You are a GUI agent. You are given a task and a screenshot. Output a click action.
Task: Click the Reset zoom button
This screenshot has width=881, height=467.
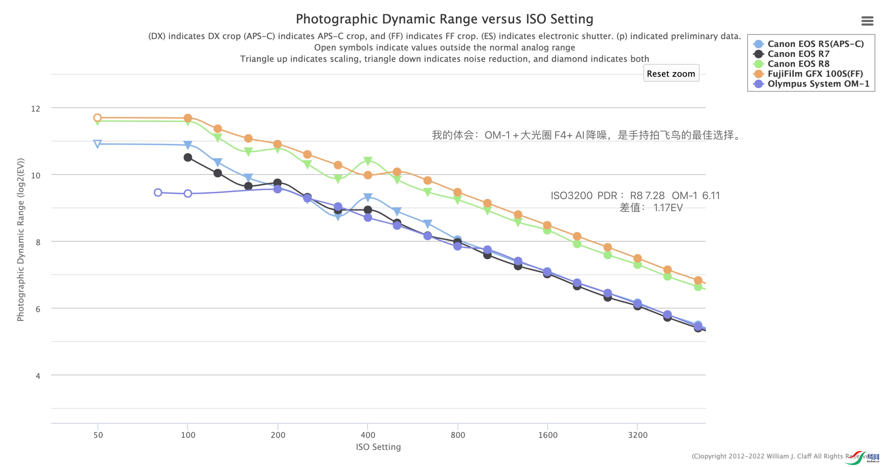click(671, 73)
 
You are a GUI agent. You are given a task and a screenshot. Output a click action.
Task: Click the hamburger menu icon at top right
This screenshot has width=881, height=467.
click(867, 21)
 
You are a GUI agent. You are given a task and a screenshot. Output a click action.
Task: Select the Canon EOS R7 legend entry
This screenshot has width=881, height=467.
click(798, 54)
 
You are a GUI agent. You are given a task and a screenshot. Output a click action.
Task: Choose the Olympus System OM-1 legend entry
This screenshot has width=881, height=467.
click(818, 84)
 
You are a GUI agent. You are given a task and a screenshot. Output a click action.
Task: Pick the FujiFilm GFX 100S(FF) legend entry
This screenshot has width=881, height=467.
click(815, 74)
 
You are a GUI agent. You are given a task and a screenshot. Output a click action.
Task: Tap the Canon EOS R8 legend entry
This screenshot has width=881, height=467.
click(798, 64)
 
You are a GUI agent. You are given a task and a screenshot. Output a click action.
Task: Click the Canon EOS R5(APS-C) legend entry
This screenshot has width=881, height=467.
click(815, 44)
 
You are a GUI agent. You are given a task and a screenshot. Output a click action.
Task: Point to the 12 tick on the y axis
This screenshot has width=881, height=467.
click(36, 109)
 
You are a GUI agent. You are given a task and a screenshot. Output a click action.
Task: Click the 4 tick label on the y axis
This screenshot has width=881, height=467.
click(38, 376)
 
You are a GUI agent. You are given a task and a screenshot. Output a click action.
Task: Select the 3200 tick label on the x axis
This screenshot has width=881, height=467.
click(638, 435)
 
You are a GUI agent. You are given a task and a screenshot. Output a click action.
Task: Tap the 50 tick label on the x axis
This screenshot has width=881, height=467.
click(98, 435)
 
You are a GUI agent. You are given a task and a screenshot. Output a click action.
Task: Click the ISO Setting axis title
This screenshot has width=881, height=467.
click(378, 447)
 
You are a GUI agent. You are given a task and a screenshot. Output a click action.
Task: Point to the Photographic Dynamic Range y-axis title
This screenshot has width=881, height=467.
click(21, 240)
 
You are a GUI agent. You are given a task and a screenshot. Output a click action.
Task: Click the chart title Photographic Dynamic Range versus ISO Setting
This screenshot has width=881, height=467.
click(444, 19)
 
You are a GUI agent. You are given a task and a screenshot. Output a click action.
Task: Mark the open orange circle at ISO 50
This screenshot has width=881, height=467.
click(97, 118)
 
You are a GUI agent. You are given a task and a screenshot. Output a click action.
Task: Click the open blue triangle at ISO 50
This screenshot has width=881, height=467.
click(97, 144)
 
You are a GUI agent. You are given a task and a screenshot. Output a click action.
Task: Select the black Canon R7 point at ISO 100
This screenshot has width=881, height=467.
click(188, 157)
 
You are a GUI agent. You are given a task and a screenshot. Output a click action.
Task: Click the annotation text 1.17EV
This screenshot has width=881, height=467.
click(668, 208)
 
